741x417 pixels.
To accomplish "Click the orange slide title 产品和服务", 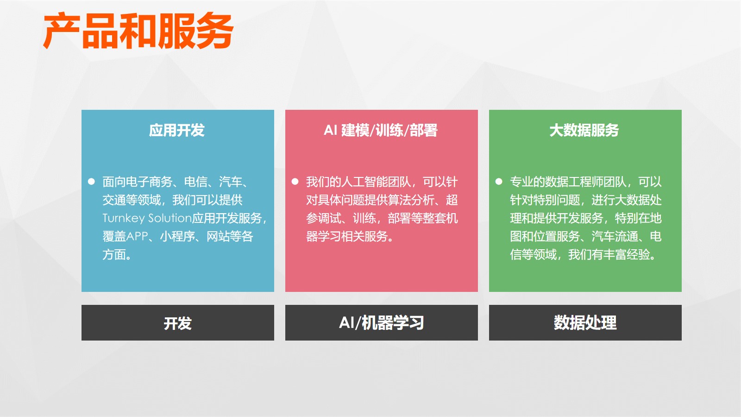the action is (x=138, y=31).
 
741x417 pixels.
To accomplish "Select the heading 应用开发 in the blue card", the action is (x=177, y=130).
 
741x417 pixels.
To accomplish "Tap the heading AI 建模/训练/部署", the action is (x=381, y=130).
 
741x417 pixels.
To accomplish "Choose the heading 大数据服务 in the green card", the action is (x=584, y=130).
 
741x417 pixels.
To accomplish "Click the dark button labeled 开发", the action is (x=178, y=322).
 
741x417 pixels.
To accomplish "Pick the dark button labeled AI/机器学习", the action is (x=382, y=322).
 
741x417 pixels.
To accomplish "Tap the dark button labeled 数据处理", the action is (x=585, y=322).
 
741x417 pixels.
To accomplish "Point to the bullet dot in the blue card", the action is (x=91, y=181).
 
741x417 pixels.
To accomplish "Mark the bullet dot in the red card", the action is (x=295, y=181).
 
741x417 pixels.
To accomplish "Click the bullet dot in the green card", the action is (x=499, y=181).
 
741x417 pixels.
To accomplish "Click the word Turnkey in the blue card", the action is (x=123, y=218).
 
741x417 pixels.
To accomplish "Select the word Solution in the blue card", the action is (x=170, y=218).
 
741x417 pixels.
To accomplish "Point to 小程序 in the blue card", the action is (x=177, y=236).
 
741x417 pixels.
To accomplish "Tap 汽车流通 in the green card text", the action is (x=615, y=236).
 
